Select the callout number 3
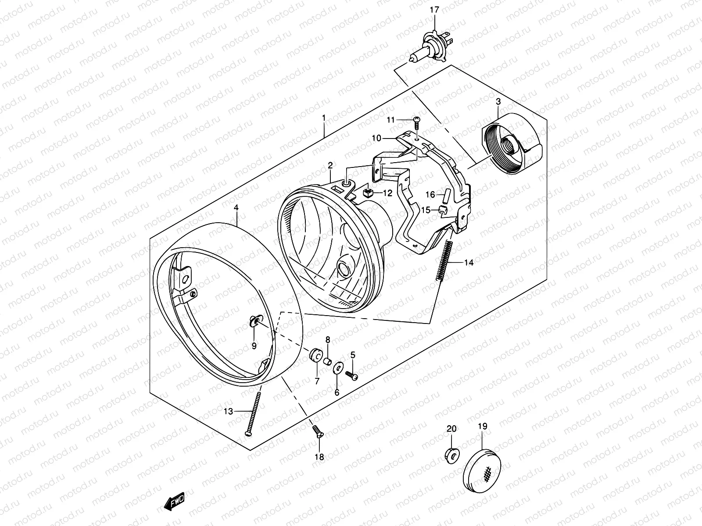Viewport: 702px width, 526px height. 498,102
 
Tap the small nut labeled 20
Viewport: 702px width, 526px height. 451,455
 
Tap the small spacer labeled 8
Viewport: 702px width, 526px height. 327,361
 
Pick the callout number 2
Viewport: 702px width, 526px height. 330,165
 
